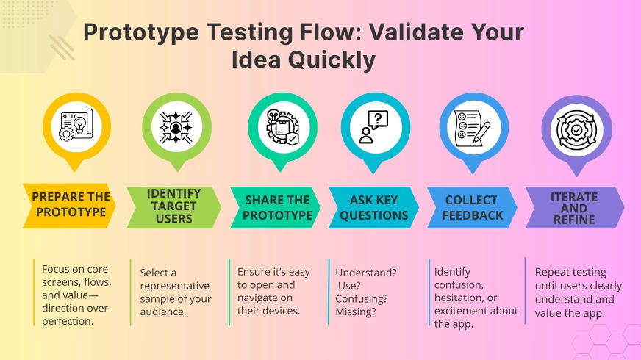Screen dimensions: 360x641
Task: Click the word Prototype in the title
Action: tap(139, 33)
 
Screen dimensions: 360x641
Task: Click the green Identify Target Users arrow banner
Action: tap(174, 205)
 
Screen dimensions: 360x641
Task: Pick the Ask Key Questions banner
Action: tap(373, 206)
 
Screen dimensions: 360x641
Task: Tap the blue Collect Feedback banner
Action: tap(471, 206)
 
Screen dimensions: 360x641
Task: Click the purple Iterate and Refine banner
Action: tap(574, 206)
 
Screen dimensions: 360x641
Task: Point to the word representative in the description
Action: tap(174, 286)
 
